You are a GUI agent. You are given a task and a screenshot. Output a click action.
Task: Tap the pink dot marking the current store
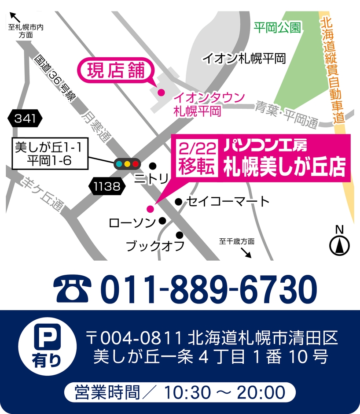tap(161, 92)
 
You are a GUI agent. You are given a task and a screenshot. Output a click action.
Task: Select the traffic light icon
tap(127, 164)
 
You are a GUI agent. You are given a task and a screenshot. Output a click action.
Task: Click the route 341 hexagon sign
tap(25, 118)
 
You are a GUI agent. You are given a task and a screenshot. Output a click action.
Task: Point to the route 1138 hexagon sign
tap(107, 186)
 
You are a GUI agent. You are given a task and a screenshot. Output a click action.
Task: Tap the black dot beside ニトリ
tap(153, 166)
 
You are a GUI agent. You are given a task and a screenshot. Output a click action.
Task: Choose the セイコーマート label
tap(228, 202)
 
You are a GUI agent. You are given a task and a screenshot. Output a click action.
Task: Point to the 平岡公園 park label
tap(277, 28)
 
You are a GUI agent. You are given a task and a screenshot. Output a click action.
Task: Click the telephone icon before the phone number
tap(73, 289)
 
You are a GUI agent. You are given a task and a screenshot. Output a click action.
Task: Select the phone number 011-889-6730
tap(209, 289)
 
